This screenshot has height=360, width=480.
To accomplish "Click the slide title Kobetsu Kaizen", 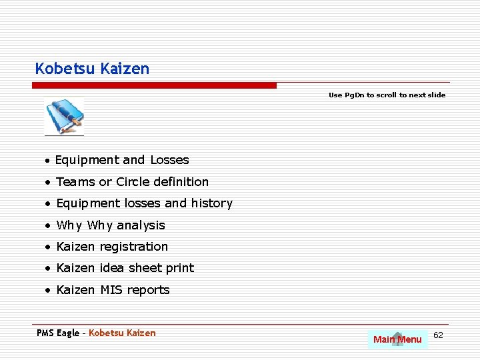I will [92, 69].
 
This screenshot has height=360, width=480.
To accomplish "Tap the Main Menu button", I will [397, 339].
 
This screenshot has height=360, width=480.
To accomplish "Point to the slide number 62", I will [438, 335].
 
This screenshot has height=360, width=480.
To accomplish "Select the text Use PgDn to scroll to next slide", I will [387, 95].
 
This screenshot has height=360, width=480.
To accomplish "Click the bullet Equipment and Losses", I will [122, 160].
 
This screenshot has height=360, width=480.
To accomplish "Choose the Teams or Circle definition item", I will [132, 182].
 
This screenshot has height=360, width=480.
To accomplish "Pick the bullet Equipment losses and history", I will [144, 203].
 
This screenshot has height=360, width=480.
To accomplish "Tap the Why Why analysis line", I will [111, 225].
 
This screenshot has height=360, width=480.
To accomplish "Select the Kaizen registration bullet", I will [112, 247].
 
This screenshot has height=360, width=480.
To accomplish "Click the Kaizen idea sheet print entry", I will [125, 268].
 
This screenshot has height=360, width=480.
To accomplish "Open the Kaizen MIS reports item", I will [113, 290].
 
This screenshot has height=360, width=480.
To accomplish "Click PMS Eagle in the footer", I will [58, 333].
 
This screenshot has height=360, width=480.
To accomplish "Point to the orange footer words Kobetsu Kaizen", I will [122, 333].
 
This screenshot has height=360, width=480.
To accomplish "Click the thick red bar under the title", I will [154, 85].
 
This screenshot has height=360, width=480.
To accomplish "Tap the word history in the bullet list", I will [212, 203].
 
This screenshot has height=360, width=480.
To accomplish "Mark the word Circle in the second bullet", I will [133, 182].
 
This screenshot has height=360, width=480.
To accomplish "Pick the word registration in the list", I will [134, 247].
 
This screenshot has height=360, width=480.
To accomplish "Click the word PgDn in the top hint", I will [355, 95].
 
